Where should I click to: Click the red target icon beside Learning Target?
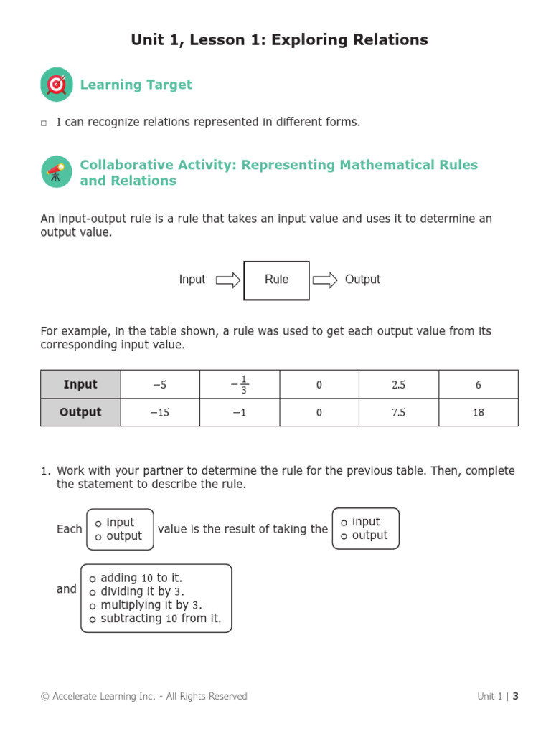coord(57,85)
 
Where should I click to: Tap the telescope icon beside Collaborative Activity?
coord(57,172)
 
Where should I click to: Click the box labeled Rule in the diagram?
coord(277,280)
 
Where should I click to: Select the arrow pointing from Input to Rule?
coord(227,280)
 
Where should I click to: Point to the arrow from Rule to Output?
coord(325,280)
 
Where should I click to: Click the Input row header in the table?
coord(80,384)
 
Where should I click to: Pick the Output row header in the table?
coord(80,412)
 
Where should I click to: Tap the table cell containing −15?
coord(160,412)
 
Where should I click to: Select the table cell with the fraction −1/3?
coord(240,384)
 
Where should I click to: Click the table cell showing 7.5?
coord(399,412)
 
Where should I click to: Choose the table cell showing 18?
coord(479,412)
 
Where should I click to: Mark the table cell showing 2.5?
coord(399,384)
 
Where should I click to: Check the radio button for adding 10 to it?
coord(93,578)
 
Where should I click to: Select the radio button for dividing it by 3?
coord(93,592)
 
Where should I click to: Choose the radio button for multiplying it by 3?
coord(93,606)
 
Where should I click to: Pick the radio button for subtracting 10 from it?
coord(93,619)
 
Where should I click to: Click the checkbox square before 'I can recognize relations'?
coord(44,123)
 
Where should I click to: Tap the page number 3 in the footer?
coord(515,696)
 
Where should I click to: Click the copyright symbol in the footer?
coord(45,697)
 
